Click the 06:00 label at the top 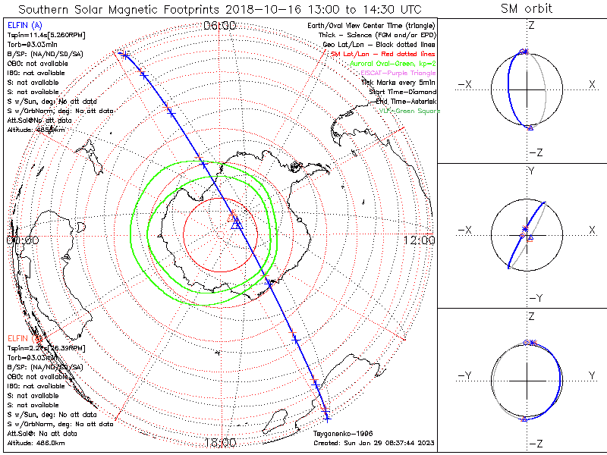pyautogui.click(x=220, y=26)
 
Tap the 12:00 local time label pyautogui.click(x=420, y=240)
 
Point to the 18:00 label pyautogui.click(x=220, y=441)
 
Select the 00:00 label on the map pyautogui.click(x=22, y=240)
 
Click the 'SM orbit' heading pyautogui.click(x=527, y=8)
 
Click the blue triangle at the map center pyautogui.click(x=236, y=222)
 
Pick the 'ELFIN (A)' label pyautogui.click(x=24, y=26)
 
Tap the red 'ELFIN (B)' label pyautogui.click(x=24, y=338)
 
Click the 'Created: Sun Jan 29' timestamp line pyautogui.click(x=374, y=443)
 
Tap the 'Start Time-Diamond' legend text pyautogui.click(x=404, y=92)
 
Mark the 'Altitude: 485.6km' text pyautogui.click(x=36, y=130)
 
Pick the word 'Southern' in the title pyautogui.click(x=46, y=9)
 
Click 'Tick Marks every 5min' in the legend pyautogui.click(x=399, y=83)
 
